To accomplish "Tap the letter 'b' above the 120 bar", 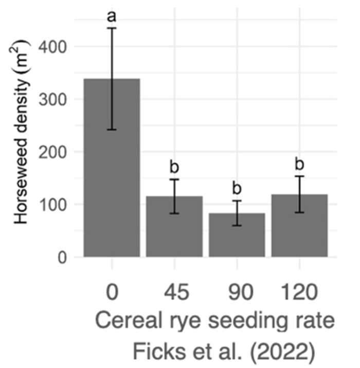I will point(299,165).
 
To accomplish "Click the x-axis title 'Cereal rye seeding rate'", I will point(215,322).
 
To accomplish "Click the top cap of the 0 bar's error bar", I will point(112,28).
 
